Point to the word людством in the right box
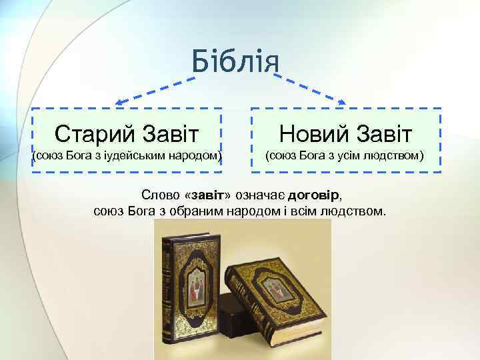(x=395, y=156)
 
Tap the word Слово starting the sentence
(x=161, y=196)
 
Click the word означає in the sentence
(x=262, y=196)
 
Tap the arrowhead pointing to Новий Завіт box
(x=342, y=102)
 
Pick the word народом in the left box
(x=195, y=156)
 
